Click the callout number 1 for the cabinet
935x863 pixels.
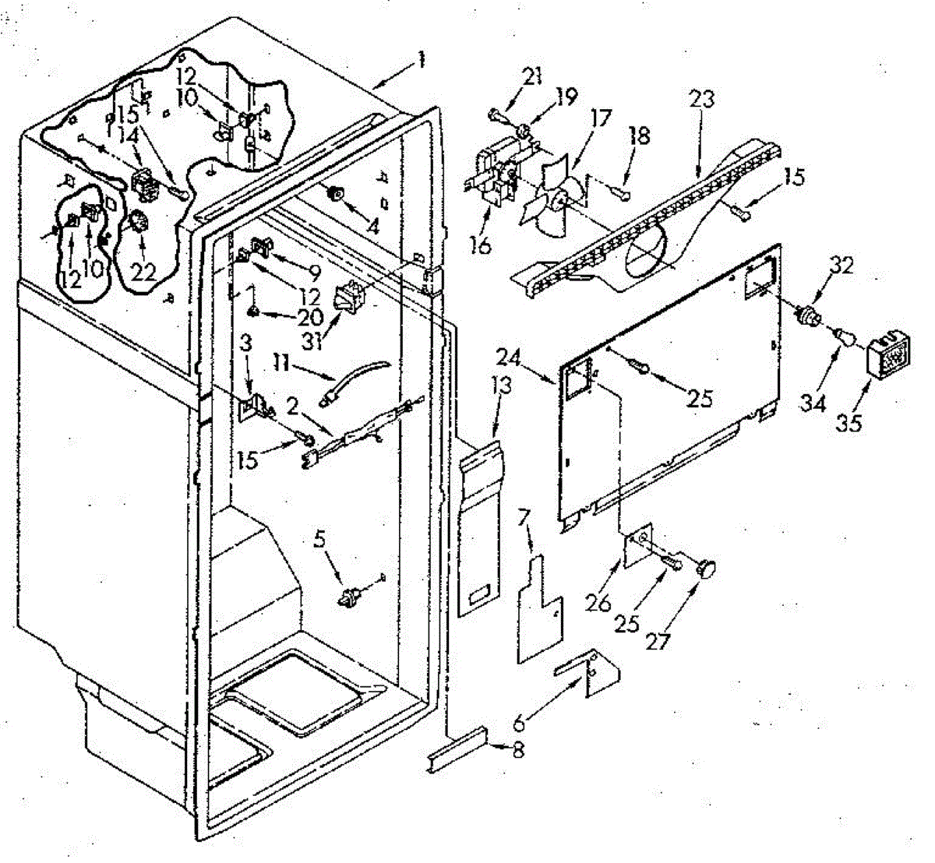421,60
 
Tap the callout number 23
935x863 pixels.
700,100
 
